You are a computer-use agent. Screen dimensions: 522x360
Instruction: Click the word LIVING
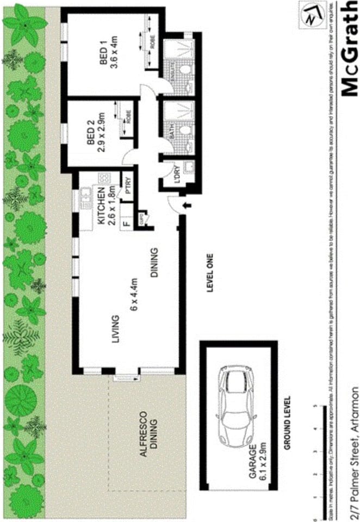(x=115, y=329)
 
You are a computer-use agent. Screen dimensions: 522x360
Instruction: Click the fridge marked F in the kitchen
(x=125, y=222)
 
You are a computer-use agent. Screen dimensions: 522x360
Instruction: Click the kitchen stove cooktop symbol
(x=103, y=178)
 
